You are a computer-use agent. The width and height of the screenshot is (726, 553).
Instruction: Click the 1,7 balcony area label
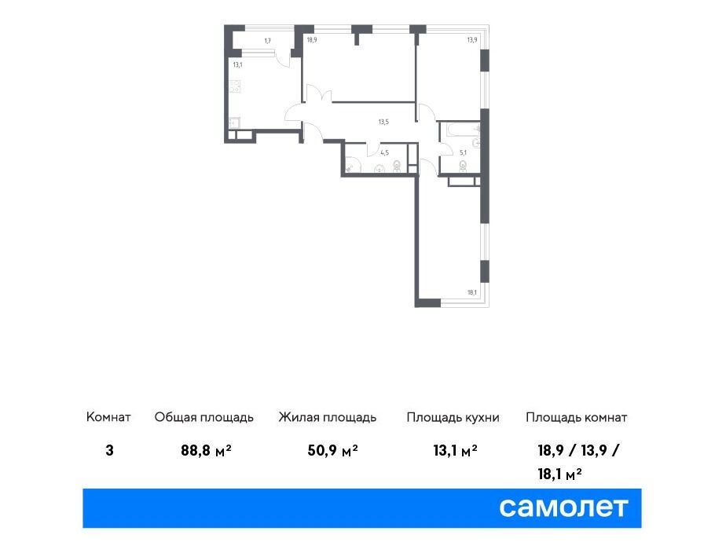[268, 41]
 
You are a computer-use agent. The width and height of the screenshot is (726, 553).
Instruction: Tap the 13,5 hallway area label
[383, 123]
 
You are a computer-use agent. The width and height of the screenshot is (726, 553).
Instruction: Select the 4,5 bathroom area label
[384, 152]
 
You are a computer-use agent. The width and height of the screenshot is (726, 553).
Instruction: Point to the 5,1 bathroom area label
[463, 152]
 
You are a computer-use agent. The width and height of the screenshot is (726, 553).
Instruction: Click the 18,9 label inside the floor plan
[312, 40]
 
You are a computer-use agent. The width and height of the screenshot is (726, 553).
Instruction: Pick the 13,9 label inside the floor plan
[471, 40]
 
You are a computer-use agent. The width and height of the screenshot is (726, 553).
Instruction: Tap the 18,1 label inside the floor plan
[471, 292]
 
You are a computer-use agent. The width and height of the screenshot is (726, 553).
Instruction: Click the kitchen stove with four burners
[235, 86]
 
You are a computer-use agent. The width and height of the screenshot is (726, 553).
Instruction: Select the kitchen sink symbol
[234, 123]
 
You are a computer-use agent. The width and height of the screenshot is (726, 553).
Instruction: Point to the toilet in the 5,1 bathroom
[463, 166]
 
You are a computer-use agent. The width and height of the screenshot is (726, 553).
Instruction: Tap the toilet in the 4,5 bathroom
[397, 166]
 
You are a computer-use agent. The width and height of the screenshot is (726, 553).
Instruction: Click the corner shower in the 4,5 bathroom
[351, 165]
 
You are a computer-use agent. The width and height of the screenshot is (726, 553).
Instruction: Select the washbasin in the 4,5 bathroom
[380, 169]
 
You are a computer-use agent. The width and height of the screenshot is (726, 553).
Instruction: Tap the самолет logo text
[563, 507]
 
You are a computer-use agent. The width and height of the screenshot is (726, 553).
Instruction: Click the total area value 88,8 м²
[206, 450]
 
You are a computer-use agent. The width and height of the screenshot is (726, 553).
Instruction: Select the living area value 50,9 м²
[332, 450]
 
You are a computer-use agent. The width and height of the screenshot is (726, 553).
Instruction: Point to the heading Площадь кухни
[453, 417]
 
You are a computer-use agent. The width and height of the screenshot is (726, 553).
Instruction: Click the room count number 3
[110, 450]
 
